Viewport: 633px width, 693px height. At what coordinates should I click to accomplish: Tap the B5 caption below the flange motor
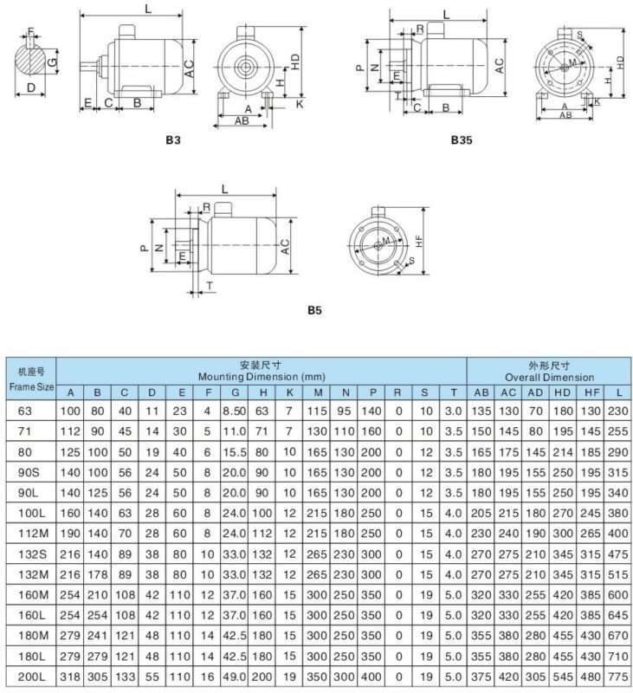tap(314, 308)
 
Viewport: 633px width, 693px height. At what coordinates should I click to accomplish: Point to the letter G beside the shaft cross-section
tap(54, 63)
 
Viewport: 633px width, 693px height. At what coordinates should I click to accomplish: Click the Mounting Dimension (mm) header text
tap(262, 377)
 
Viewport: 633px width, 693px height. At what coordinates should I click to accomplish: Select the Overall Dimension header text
tap(549, 377)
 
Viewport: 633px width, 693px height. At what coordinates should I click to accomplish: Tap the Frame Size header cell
tap(30, 377)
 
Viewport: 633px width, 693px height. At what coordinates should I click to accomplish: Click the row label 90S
tap(30, 469)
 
